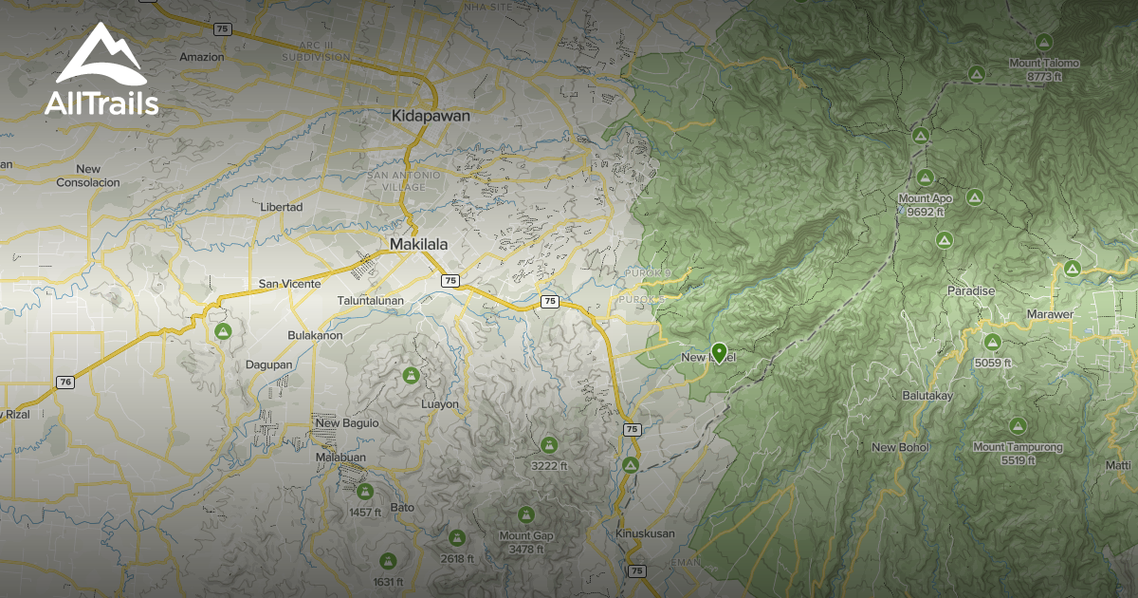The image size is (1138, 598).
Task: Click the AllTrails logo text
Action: (101, 103)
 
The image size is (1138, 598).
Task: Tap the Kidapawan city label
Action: (431, 115)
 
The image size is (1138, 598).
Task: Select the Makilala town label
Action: (418, 244)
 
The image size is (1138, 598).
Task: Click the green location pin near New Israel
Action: (719, 352)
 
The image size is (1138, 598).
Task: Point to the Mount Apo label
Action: (925, 198)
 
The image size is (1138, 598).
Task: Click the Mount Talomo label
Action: (1043, 64)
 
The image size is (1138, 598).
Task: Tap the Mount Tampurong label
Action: (1018, 446)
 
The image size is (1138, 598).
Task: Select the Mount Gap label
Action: (525, 535)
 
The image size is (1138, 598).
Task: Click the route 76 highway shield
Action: (64, 382)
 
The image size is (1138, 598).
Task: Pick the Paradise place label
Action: (971, 291)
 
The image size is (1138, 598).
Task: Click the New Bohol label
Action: (900, 447)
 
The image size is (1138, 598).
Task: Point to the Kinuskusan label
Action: (645, 533)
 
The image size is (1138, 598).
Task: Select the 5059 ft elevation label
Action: (992, 362)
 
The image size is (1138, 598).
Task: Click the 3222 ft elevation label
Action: (549, 465)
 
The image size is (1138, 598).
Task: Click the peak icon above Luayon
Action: (411, 375)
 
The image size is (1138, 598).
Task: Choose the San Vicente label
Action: (289, 283)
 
